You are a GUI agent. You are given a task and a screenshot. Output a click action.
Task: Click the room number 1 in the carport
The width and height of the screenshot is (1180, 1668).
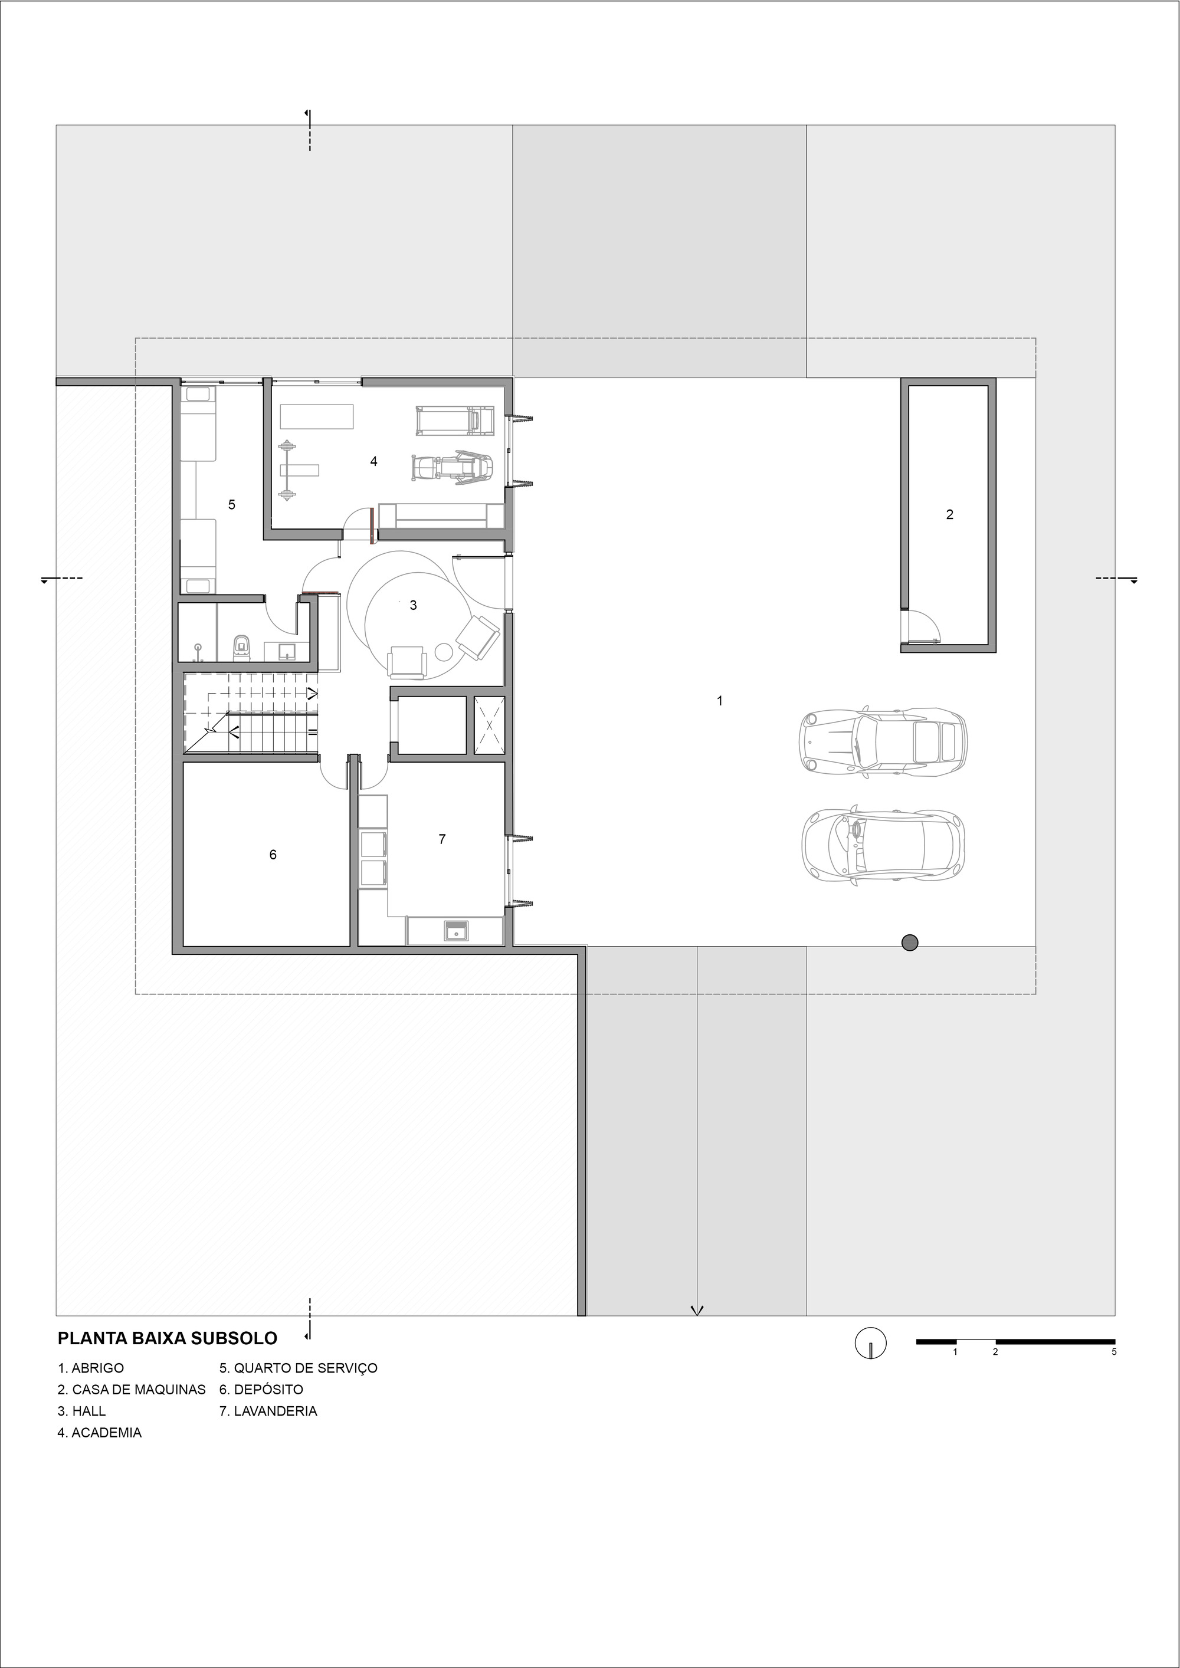[719, 701]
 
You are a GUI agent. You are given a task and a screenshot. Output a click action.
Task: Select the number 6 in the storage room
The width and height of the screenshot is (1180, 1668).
[273, 854]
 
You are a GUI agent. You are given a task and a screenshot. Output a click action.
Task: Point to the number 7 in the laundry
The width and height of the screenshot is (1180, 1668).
[442, 839]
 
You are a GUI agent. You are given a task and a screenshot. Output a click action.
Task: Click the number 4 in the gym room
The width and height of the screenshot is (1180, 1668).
[373, 461]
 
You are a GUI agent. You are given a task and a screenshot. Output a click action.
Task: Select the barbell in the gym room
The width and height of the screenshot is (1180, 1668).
[288, 470]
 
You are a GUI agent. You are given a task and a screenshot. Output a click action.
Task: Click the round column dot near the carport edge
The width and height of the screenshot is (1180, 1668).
[909, 943]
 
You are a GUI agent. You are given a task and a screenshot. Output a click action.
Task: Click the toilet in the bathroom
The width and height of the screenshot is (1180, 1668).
[241, 645]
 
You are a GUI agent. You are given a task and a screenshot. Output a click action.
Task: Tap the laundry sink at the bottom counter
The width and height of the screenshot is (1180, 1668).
[455, 930]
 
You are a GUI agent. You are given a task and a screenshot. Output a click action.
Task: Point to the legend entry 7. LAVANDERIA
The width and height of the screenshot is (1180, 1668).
[268, 1411]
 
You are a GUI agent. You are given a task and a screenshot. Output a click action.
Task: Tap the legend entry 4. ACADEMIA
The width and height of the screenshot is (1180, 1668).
[100, 1433]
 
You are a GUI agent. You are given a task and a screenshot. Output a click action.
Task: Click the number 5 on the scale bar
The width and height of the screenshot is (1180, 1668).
[1114, 1352]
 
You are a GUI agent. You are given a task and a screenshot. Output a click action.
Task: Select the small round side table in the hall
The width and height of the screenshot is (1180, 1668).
[443, 652]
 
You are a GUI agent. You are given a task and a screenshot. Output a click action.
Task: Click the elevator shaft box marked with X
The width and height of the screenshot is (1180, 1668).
[489, 725]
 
